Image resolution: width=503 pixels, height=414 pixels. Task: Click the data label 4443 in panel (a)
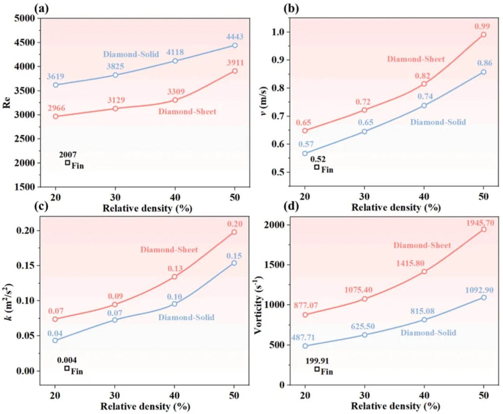click(x=235, y=37)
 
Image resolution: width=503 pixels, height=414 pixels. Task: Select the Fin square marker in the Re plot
click(x=67, y=163)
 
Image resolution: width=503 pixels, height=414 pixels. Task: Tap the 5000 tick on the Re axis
click(x=25, y=18)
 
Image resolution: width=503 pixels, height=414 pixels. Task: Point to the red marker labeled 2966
click(x=56, y=116)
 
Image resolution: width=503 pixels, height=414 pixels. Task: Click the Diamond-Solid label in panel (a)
click(x=131, y=54)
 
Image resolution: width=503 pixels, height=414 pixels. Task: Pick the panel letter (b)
click(x=291, y=8)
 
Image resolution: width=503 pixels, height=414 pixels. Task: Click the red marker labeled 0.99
click(x=483, y=35)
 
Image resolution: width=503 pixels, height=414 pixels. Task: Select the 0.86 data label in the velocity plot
click(x=485, y=63)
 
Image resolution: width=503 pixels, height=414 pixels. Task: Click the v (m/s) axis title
click(x=263, y=101)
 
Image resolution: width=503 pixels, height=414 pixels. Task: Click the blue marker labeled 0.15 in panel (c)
click(x=234, y=263)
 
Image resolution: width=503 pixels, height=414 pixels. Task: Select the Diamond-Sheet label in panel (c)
click(x=169, y=250)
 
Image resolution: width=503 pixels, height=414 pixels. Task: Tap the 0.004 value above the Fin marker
click(x=67, y=360)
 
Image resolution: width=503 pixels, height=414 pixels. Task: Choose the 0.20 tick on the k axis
click(x=25, y=231)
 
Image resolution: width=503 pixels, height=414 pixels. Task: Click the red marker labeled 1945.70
click(x=483, y=230)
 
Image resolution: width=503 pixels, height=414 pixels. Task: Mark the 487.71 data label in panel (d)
click(x=303, y=338)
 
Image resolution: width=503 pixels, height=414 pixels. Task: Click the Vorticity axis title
click(x=259, y=305)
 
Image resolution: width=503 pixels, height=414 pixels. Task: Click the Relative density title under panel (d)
click(x=395, y=406)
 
